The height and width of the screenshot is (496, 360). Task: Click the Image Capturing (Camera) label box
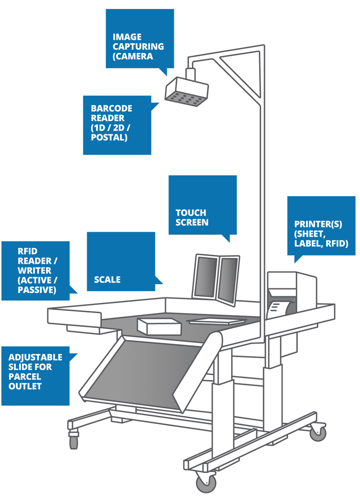coord(139,39)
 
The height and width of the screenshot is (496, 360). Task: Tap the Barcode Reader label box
coord(117,125)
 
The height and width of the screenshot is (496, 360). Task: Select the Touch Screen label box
coord(202,205)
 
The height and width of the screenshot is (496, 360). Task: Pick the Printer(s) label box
coord(321,226)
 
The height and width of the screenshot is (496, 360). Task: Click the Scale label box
coord(121,262)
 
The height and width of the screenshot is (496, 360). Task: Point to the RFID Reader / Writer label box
coord(36,271)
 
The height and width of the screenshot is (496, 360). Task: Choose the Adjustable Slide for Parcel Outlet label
coord(35,376)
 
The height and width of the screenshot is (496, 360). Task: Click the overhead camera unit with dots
coord(186,93)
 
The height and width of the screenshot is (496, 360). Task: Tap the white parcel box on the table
coord(160,326)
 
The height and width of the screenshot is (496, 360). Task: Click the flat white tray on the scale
coord(216,321)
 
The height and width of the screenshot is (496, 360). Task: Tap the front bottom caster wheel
coord(206,482)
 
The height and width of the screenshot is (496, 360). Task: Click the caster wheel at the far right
coord(318,432)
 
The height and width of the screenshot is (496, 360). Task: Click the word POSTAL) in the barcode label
coord(109,138)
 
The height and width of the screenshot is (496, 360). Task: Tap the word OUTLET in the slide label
coord(25,386)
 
